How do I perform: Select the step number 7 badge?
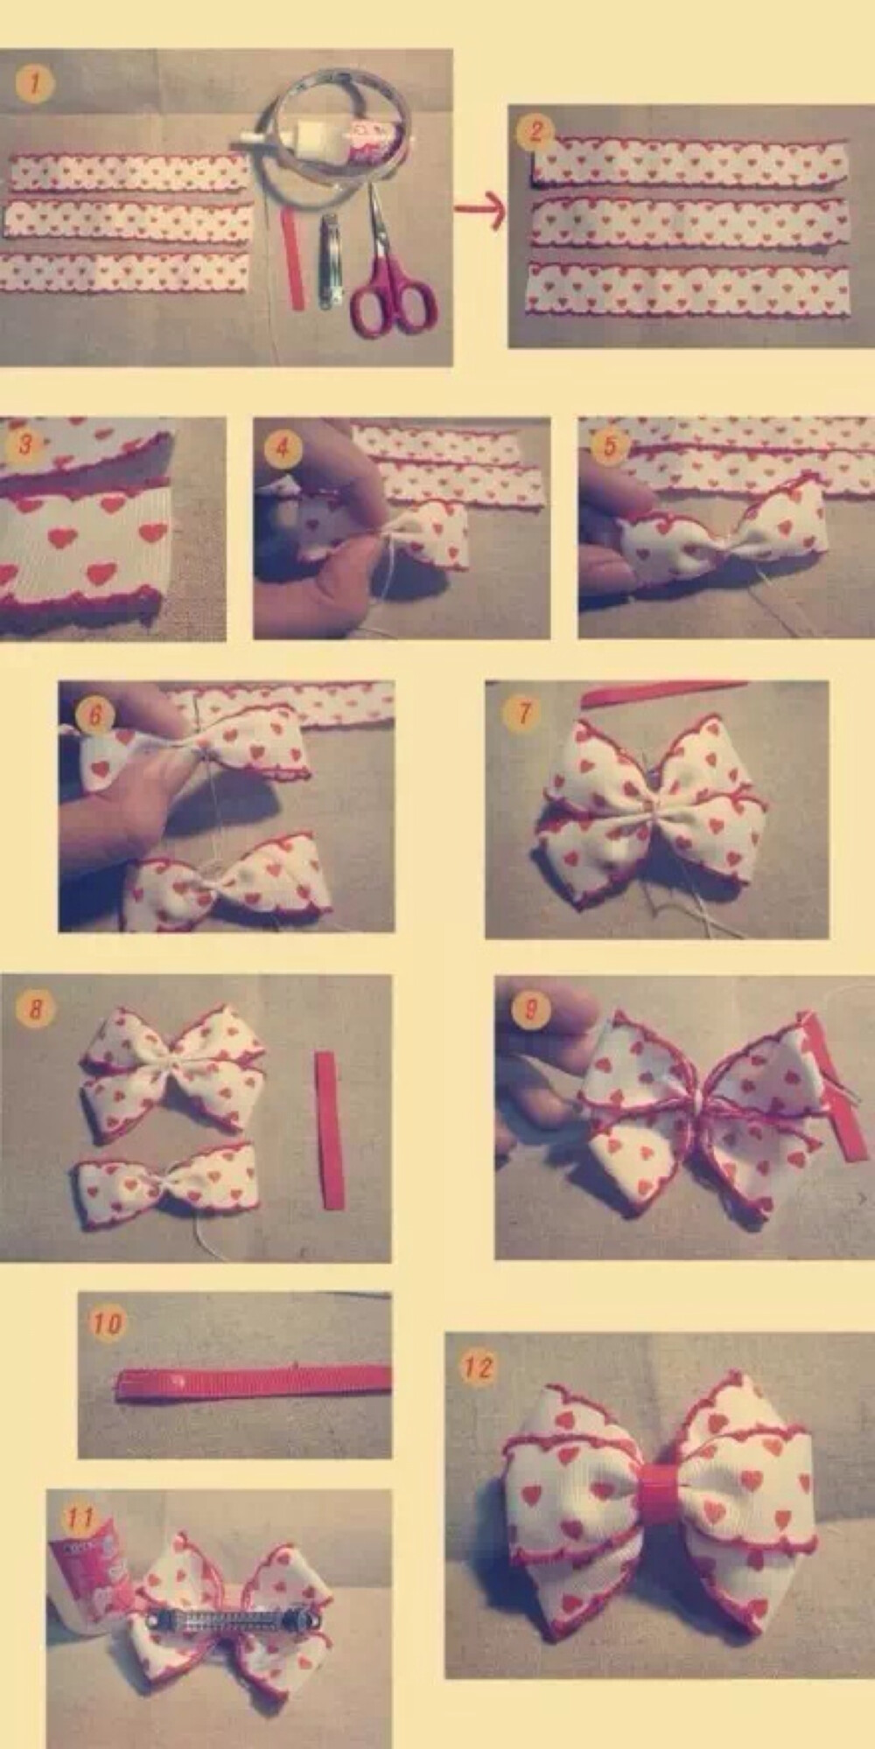click(x=522, y=713)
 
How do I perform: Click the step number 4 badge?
click(x=282, y=450)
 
